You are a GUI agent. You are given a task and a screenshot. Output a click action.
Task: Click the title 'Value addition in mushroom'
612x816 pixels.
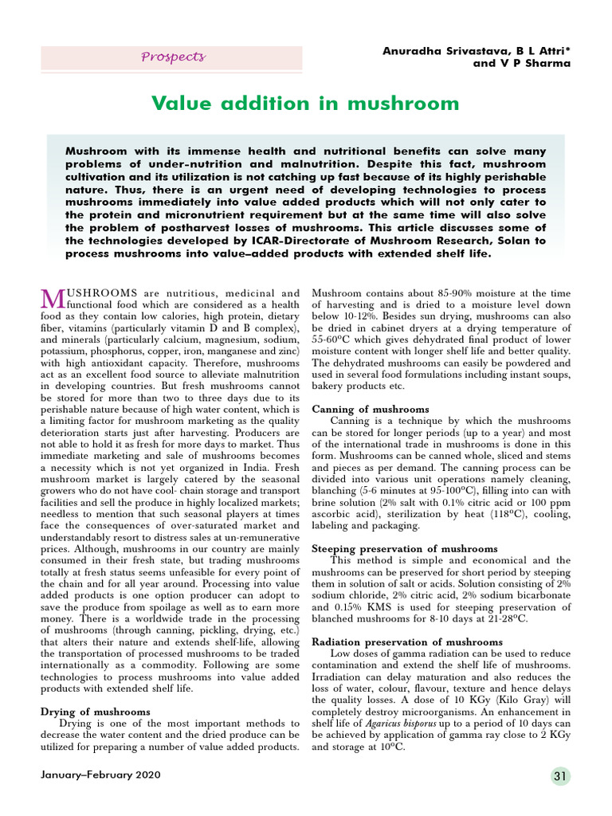(305, 104)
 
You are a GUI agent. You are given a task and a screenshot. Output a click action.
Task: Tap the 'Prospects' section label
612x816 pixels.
(173, 57)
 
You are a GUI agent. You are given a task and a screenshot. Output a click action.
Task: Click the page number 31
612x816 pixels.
(560, 776)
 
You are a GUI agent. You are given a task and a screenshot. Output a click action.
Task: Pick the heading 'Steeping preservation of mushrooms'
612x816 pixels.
(405, 549)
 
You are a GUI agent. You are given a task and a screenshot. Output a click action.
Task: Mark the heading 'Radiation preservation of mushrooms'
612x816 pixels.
(407, 641)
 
